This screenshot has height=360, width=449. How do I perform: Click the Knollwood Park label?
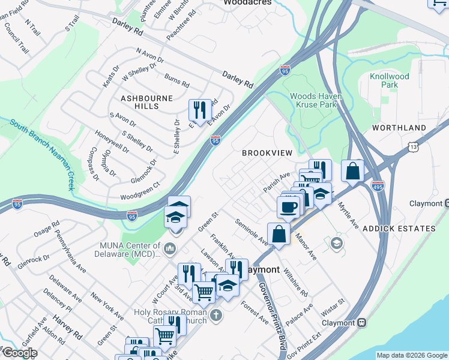389,80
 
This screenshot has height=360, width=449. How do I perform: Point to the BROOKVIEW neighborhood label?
267,153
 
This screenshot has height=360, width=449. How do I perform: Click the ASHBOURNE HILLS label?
146,101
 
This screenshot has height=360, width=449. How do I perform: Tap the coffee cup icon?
288,207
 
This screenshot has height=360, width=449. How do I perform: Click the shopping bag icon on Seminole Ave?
279,233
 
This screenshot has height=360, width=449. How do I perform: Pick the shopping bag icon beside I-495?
352,170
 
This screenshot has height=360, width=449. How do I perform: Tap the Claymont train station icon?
362,322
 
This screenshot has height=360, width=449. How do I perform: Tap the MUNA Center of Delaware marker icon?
170,248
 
